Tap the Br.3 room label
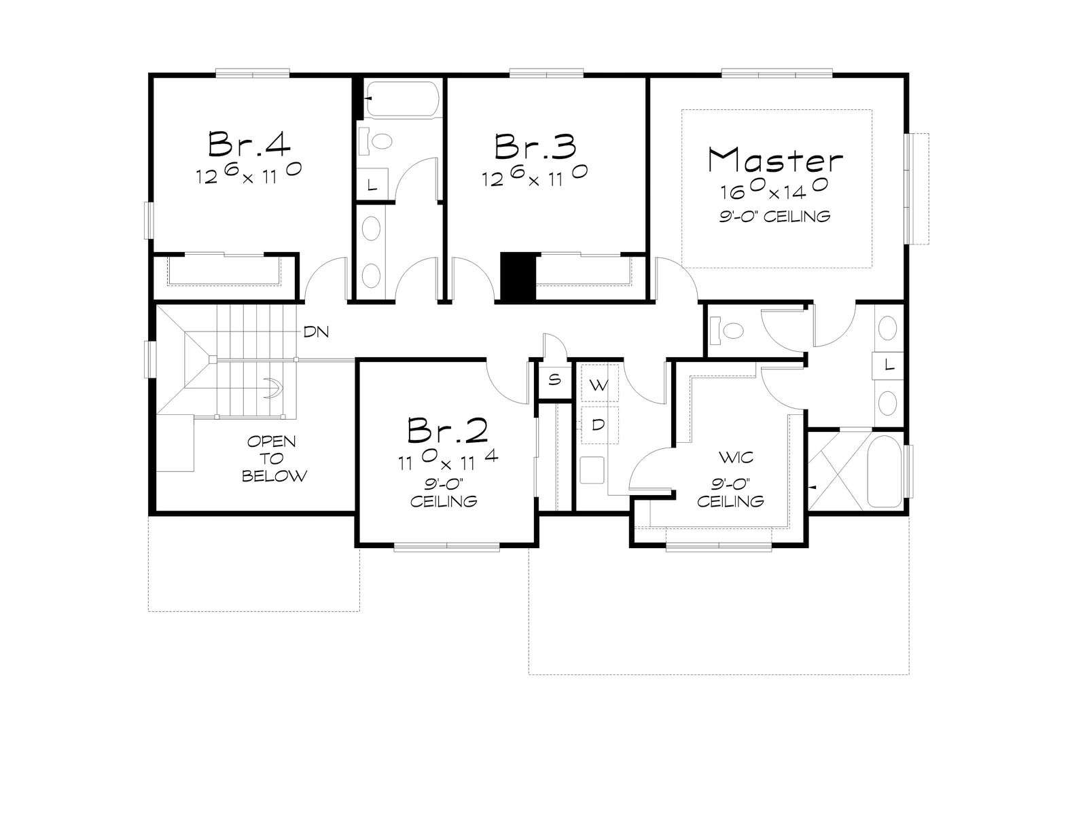coord(535,146)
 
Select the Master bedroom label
coord(776,160)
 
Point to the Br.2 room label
coord(448,429)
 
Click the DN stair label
coord(316,331)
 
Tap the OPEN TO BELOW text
coord(274,458)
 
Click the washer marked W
coord(599,384)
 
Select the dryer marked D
coord(599,424)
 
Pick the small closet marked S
coord(554,380)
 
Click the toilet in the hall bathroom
coord(376,141)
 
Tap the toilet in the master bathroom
coord(727,329)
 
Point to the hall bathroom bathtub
coord(401,99)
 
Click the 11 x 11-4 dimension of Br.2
coord(448,460)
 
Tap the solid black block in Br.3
coord(518,276)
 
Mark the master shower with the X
coord(837,470)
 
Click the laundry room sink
coord(592,469)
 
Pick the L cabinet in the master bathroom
coord(889,366)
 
